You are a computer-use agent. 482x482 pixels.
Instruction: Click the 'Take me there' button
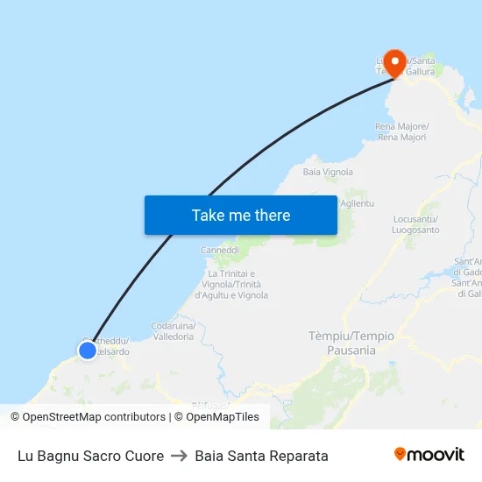coord(240,215)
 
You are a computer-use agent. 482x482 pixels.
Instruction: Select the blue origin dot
coord(87,351)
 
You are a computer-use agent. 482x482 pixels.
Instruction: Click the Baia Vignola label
coord(327,172)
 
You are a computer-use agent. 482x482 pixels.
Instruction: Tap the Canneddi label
coord(219,250)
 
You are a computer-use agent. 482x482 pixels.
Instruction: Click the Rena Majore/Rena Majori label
coord(400,132)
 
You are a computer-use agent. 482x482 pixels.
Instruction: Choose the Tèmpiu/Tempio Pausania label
coord(351,343)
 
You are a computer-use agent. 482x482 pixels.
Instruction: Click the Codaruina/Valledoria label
coord(174,331)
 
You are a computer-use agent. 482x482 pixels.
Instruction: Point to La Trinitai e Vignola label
coord(231,284)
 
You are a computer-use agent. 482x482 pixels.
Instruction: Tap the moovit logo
coord(429,455)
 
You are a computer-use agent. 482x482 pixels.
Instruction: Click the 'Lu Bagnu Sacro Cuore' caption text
coord(90,456)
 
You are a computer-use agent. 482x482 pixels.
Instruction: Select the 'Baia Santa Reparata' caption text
coord(262,456)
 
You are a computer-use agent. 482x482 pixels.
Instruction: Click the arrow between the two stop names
coord(180,456)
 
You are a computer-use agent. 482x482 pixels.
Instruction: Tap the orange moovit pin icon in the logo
coord(400,455)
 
